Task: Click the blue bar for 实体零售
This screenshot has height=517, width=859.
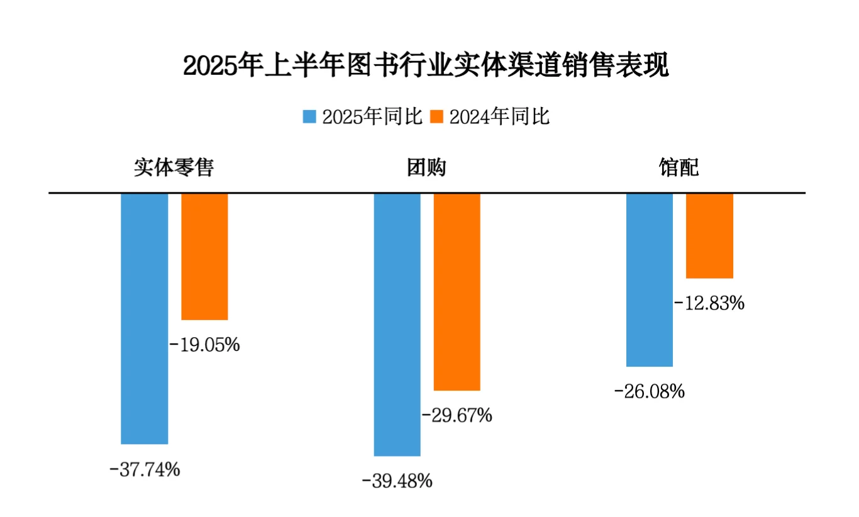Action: point(145,318)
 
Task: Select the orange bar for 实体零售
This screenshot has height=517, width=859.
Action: point(204,257)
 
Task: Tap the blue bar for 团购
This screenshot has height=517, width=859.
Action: point(397,324)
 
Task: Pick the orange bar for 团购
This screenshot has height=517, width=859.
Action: point(457,292)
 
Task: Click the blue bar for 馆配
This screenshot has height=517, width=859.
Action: point(650,279)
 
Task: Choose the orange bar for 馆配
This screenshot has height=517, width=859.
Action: point(709,235)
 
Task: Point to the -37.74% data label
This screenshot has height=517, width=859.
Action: point(145,469)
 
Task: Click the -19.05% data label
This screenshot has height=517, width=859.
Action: point(205,345)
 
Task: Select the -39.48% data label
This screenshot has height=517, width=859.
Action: point(397,482)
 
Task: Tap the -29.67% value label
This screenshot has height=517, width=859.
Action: point(457,415)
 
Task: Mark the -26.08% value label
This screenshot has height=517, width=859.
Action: point(649,392)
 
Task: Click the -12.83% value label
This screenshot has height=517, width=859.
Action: point(709,303)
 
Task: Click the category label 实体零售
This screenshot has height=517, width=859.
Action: point(174,168)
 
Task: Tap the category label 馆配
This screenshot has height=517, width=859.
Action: point(679,168)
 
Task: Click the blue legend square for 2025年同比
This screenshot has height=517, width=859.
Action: point(309,117)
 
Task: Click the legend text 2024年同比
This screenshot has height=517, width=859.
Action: point(499,117)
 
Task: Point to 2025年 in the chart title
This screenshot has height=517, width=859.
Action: point(221,65)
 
